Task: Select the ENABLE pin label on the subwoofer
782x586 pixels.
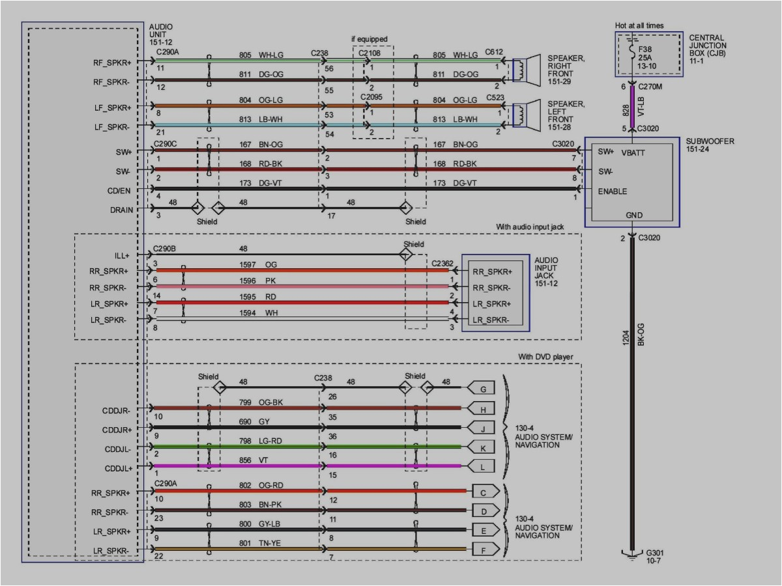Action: (613, 191)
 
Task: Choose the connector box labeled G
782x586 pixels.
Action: (482, 389)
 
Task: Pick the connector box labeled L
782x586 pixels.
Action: (482, 466)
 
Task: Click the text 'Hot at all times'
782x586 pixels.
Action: (639, 25)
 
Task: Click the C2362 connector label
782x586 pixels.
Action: (443, 263)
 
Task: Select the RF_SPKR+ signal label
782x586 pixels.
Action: (111, 63)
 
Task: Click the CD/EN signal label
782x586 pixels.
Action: (119, 191)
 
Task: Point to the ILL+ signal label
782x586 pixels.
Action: (121, 256)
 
